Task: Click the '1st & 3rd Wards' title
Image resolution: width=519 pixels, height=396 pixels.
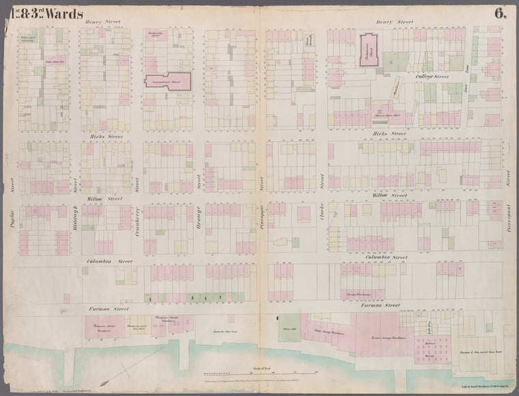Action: (42, 13)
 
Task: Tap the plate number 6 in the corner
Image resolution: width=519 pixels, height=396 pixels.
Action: (501, 13)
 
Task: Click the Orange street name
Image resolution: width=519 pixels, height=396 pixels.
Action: (199, 218)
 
